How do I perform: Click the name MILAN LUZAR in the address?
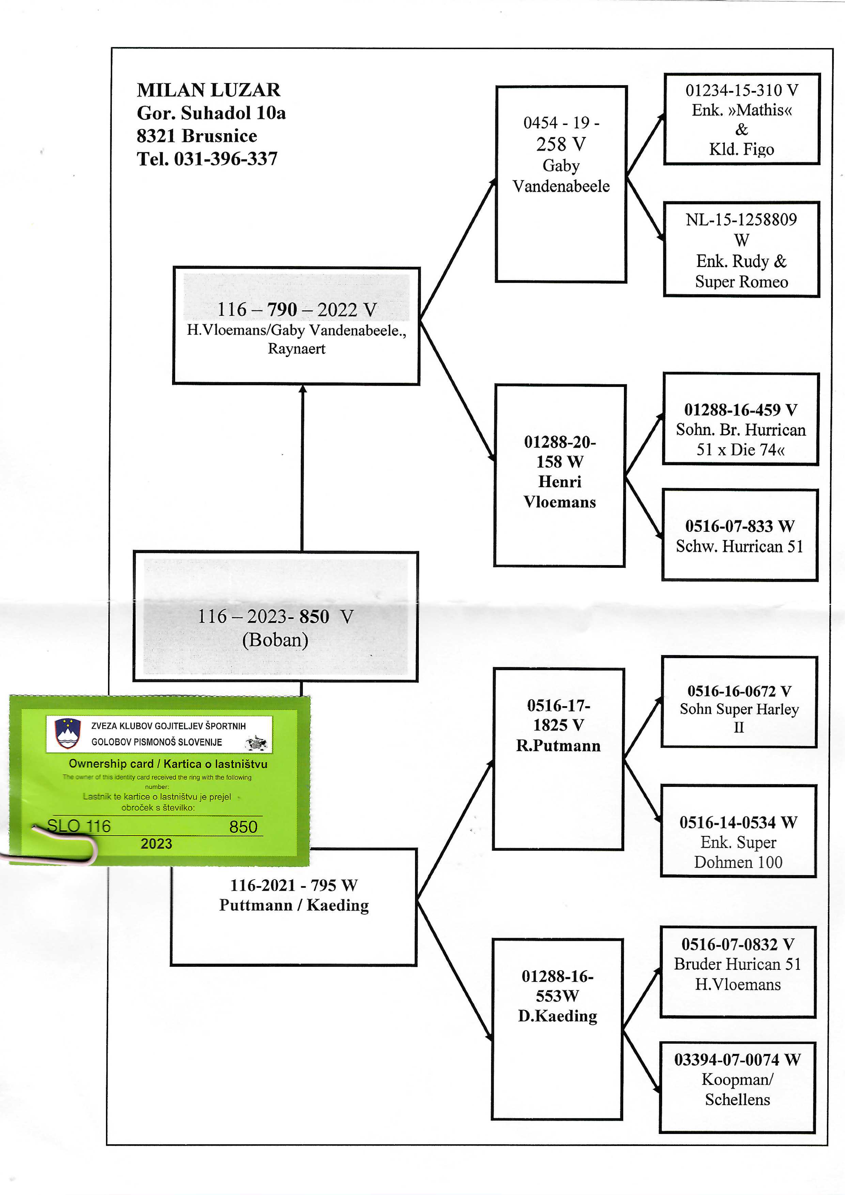[x=208, y=90]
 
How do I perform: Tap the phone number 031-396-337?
[x=226, y=159]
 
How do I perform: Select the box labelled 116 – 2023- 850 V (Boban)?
[x=275, y=616]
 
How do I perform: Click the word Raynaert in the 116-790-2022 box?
[x=296, y=349]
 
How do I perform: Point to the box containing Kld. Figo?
[x=741, y=119]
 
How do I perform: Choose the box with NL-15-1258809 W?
[x=741, y=249]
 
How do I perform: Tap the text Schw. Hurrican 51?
[x=739, y=546]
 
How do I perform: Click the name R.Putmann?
[x=558, y=746]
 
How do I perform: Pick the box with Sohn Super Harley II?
[x=739, y=702]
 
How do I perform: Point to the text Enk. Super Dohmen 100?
[x=738, y=852]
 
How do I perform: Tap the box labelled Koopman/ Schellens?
[x=737, y=1087]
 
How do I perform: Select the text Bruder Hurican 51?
[x=737, y=964]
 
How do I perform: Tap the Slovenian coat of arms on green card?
[x=68, y=733]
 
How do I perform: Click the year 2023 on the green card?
[x=156, y=844]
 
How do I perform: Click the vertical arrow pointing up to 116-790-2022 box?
[x=302, y=468]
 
